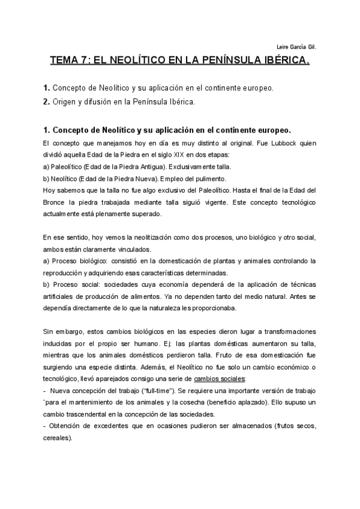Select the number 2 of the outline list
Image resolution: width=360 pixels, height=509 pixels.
point(46,101)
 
